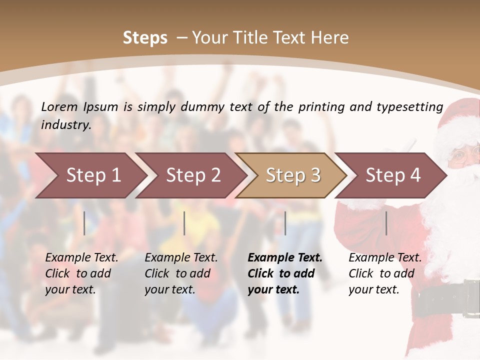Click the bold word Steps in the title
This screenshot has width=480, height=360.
point(145,38)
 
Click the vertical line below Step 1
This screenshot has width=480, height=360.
point(84,223)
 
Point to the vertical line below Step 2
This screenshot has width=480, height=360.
point(184,223)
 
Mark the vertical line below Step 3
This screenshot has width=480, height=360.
point(285,223)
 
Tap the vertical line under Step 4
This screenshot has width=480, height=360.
point(386,223)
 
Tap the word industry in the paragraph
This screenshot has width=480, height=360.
point(66,124)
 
